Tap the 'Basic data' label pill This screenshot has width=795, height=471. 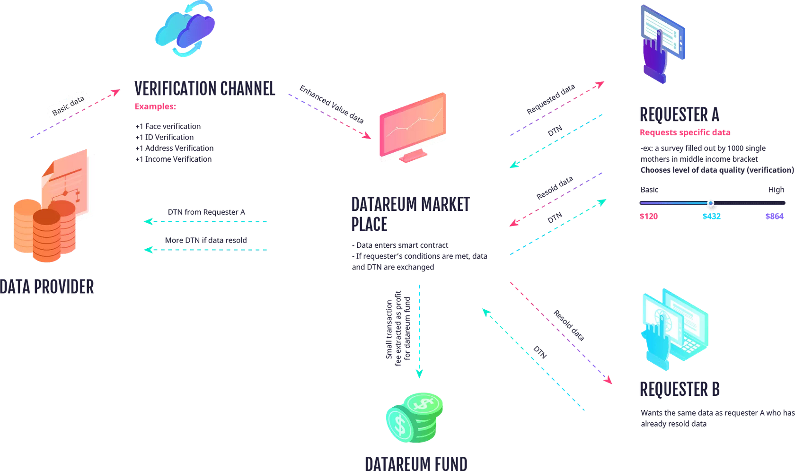(x=68, y=105)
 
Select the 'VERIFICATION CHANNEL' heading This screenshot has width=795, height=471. (x=204, y=89)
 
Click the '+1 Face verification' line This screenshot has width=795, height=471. (x=168, y=126)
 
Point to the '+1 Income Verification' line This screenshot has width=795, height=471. (x=174, y=159)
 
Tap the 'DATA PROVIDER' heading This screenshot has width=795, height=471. (x=47, y=287)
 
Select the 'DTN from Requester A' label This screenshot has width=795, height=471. (x=206, y=212)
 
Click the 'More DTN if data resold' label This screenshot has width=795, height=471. (x=206, y=240)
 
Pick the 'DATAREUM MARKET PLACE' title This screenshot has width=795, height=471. (x=410, y=214)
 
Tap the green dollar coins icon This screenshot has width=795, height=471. (x=415, y=417)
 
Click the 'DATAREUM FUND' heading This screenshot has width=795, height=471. (x=416, y=462)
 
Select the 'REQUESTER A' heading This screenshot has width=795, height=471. (x=679, y=114)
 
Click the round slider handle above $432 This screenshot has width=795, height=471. (x=710, y=203)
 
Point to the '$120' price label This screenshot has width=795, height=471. (x=649, y=217)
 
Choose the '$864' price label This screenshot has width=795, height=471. (x=774, y=217)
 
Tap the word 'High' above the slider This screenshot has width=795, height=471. (x=776, y=190)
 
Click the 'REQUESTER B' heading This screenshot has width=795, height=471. (x=680, y=389)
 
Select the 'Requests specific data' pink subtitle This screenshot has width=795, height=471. (x=685, y=132)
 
